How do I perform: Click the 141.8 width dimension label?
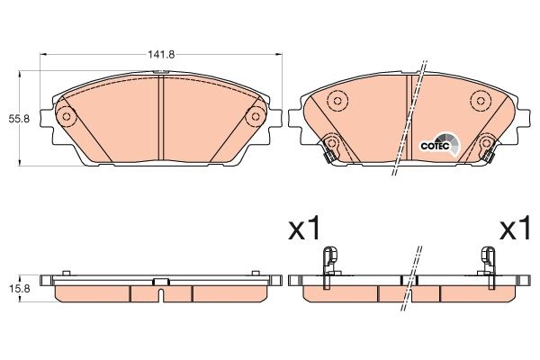[161, 55]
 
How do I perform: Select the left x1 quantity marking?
[303, 229]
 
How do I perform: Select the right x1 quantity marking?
[516, 229]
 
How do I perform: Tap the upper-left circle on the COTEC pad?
[337, 101]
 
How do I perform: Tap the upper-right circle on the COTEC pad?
[477, 101]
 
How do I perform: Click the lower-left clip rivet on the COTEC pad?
[331, 144]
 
